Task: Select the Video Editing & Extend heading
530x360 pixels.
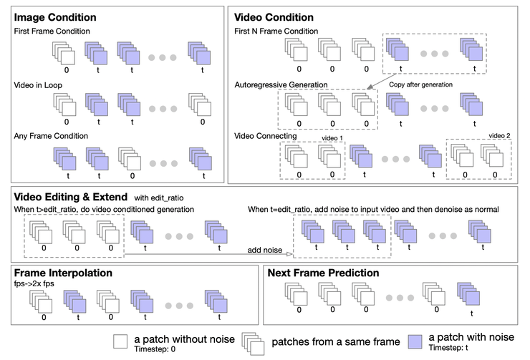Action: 69,196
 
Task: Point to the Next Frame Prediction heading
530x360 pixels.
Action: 323,273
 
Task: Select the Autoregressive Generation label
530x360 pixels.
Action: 281,84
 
